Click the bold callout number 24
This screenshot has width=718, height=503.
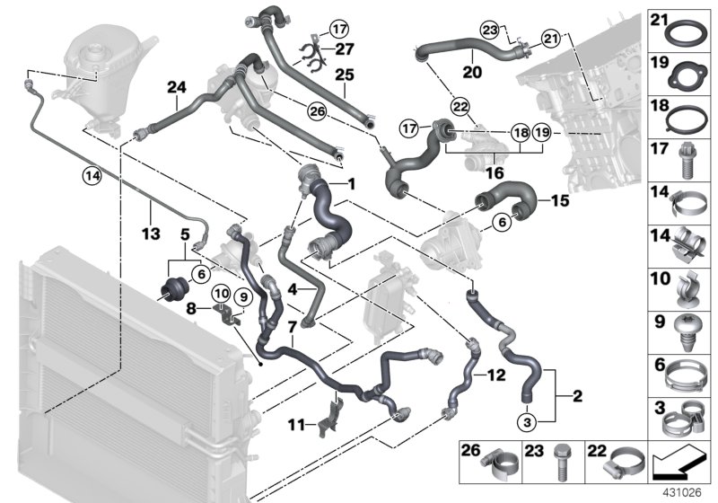coord(176,87)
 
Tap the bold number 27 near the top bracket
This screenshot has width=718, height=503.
coord(344,49)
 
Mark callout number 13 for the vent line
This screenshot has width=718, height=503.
coord(150,234)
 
